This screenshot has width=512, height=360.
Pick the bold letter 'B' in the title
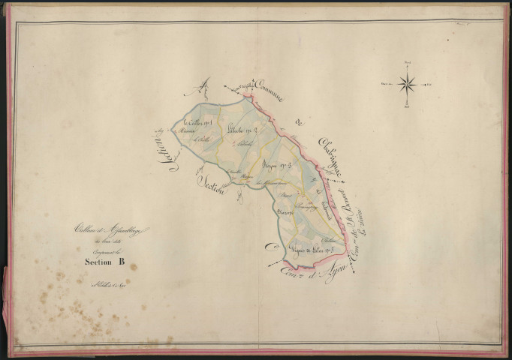119,262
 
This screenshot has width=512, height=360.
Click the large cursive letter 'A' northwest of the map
203,88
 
